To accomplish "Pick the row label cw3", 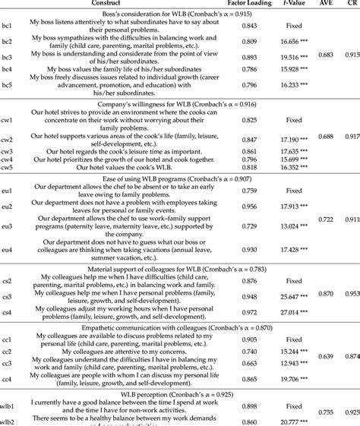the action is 7,151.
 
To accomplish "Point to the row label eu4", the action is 7,249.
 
